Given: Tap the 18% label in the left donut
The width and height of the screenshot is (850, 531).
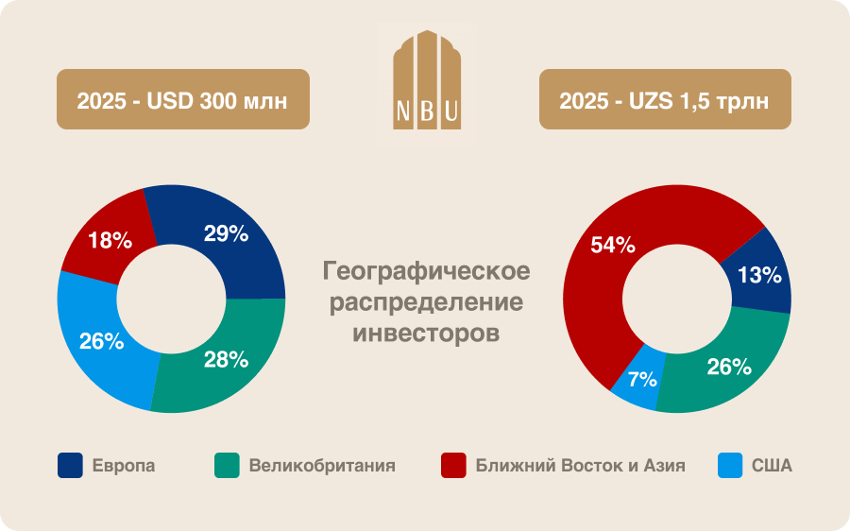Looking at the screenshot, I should click(110, 241).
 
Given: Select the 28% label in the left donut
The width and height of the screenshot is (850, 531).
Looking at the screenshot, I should click(226, 359).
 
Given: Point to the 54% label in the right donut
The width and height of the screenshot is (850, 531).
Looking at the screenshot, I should click(612, 246).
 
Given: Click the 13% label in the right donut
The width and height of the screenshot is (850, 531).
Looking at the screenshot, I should click(758, 276).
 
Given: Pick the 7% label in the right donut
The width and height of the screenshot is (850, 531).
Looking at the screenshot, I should click(642, 380).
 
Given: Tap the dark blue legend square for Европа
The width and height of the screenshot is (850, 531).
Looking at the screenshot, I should click(70, 466).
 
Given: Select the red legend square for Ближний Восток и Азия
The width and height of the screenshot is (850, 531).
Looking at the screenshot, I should click(453, 466).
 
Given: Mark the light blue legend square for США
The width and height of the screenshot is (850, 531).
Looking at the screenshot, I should click(729, 466).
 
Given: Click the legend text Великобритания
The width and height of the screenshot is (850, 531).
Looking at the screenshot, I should click(322, 466).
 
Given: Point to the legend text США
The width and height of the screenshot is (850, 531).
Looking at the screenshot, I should click(772, 466).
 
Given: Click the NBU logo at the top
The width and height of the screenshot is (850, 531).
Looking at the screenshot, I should click(426, 80).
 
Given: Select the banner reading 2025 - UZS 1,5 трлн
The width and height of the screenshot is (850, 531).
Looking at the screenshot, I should click(664, 99).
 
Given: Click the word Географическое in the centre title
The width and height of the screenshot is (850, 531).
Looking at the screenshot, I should click(426, 272).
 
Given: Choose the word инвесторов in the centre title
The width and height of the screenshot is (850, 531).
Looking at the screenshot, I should click(426, 334).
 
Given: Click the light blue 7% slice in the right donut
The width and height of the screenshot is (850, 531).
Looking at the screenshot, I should click(635, 391).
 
